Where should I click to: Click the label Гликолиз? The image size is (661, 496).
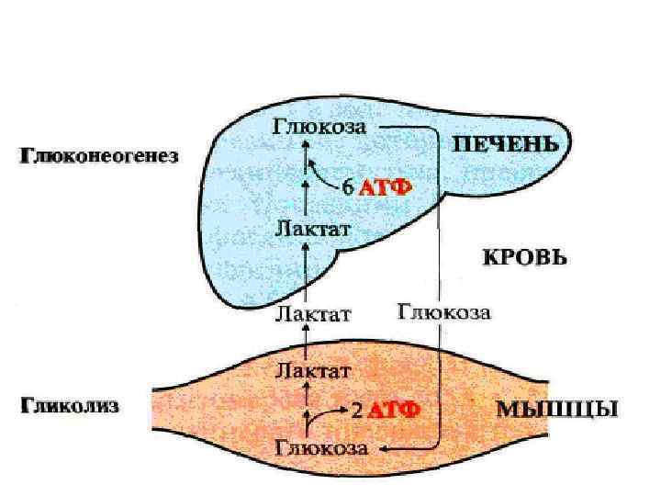coord(70,405)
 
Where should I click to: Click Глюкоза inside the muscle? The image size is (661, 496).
coord(321,449)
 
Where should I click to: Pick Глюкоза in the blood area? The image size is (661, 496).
coord(444,312)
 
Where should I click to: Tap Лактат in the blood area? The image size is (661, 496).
coord(313,314)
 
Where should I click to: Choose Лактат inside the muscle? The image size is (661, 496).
coord(313,371)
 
